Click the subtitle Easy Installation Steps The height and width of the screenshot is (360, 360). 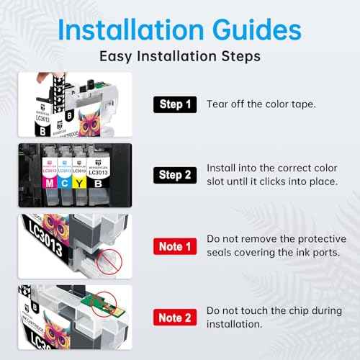(180, 56)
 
